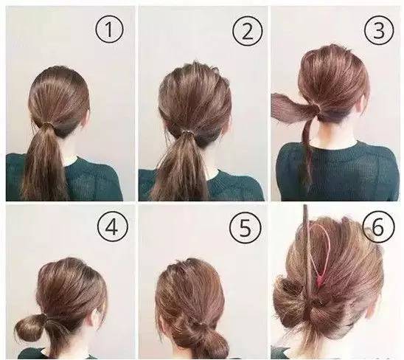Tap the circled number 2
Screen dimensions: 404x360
tap(248, 30)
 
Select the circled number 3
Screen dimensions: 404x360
tap(379, 30)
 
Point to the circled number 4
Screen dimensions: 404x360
tap(113, 226)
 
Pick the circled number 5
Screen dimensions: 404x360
tap(245, 227)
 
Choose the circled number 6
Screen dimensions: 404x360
tap(378, 227)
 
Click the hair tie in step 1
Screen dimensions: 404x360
tap(47, 125)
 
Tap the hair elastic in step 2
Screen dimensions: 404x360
tap(188, 133)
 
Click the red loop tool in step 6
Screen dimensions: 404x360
tap(319, 255)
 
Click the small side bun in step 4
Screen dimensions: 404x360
tap(29, 327)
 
